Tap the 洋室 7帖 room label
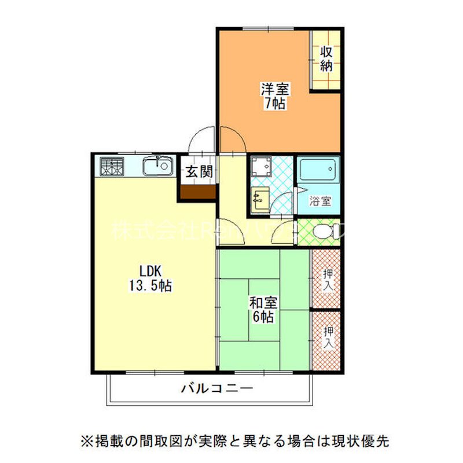click(x=275, y=96)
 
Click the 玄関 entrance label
click(x=199, y=171)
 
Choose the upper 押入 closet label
click(x=327, y=279)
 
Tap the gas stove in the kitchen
click(x=111, y=167)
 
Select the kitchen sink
click(x=157, y=167)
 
